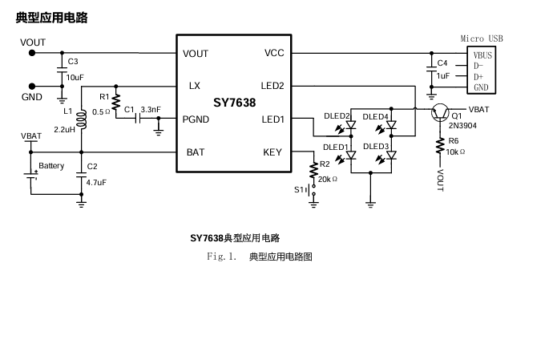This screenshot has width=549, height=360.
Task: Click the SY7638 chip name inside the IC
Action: click(235, 103)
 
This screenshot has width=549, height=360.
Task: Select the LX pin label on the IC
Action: click(194, 86)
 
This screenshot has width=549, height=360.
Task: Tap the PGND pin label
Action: click(196, 119)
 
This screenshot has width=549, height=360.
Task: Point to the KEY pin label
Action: click(272, 152)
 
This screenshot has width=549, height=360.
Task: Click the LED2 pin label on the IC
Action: click(272, 86)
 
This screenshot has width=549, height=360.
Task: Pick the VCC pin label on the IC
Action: click(274, 53)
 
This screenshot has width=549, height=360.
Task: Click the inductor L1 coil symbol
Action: click(82, 119)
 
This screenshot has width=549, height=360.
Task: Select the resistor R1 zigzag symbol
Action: click(116, 102)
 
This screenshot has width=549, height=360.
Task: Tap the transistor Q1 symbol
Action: click(440, 113)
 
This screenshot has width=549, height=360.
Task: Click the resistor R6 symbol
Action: click(440, 146)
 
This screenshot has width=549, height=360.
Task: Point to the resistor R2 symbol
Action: click(313, 170)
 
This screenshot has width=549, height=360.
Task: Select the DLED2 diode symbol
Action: click(351, 125)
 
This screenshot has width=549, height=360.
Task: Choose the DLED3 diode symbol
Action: click(391, 155)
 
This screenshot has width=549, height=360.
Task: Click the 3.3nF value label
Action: click(151, 110)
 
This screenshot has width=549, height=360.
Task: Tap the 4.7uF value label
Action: click(96, 183)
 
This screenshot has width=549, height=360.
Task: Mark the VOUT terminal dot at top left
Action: click(32, 53)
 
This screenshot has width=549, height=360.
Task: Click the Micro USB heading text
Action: click(482, 38)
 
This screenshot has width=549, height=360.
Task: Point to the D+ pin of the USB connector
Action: click(478, 77)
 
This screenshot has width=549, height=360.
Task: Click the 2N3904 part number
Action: click(462, 125)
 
